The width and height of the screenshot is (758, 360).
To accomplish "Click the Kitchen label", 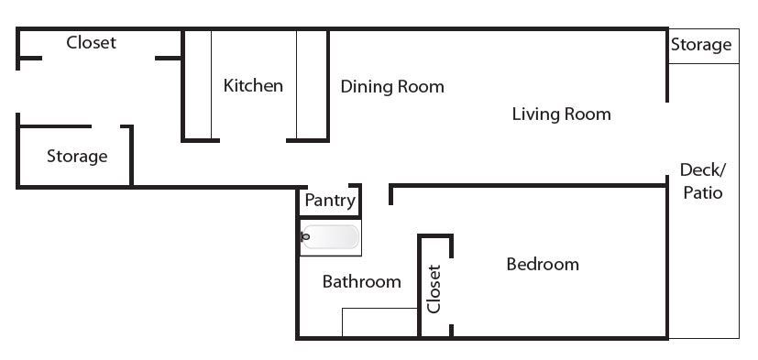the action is pyautogui.click(x=253, y=86).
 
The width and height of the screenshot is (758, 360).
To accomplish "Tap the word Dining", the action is pyautogui.click(x=367, y=87).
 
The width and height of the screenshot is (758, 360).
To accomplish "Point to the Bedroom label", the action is pyautogui.click(x=543, y=265).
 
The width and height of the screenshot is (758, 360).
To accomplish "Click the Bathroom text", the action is pyautogui.click(x=362, y=282).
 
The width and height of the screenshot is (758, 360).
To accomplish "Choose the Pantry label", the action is pyautogui.click(x=330, y=201).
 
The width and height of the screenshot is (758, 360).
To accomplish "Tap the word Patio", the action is pyautogui.click(x=702, y=192).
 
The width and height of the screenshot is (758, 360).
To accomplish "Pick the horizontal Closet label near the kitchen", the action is pyautogui.click(x=91, y=42).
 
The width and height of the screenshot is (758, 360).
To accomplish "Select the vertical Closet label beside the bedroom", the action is pyautogui.click(x=434, y=289).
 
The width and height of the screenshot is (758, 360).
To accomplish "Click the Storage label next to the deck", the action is pyautogui.click(x=701, y=46).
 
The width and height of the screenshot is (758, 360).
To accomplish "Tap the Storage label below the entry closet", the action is pyautogui.click(x=77, y=157).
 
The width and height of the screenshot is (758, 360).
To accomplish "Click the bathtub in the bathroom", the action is pyautogui.click(x=331, y=237).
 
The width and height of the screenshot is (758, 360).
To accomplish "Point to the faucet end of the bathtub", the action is pyautogui.click(x=304, y=236).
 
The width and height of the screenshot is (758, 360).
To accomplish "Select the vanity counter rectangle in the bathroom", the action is pyautogui.click(x=379, y=322).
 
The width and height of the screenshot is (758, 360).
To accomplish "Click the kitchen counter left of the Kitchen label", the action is pyautogui.click(x=198, y=85).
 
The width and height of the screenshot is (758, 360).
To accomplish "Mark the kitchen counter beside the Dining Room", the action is pyautogui.click(x=312, y=85).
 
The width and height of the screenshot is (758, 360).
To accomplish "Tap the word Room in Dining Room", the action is pyautogui.click(x=421, y=87).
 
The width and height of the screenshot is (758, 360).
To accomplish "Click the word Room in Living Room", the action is pyautogui.click(x=587, y=115).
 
